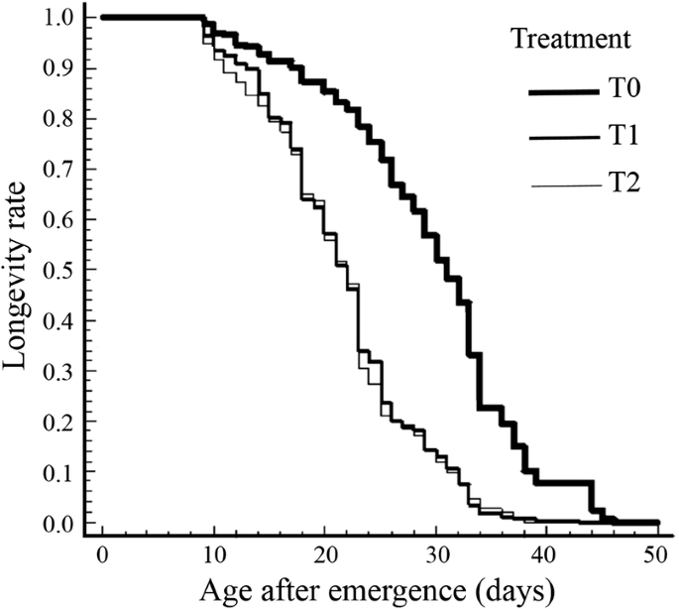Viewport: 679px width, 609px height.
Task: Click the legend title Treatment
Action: pos(570,40)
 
